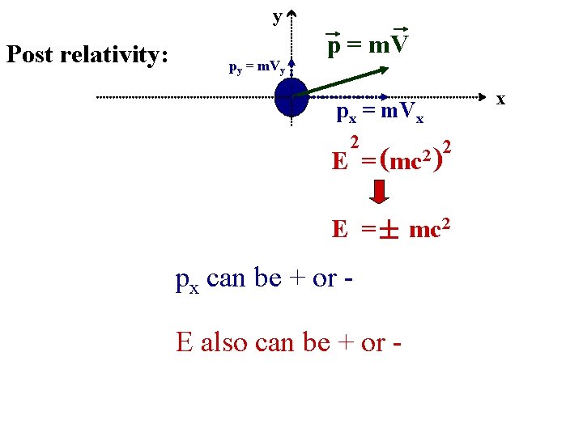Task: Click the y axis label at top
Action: point(277,16)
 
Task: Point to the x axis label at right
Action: point(500,99)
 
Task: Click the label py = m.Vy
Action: point(256,68)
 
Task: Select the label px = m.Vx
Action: point(379,115)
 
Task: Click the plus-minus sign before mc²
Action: point(389,231)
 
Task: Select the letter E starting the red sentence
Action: point(185,342)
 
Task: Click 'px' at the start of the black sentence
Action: point(187,280)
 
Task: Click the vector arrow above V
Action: point(397,30)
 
